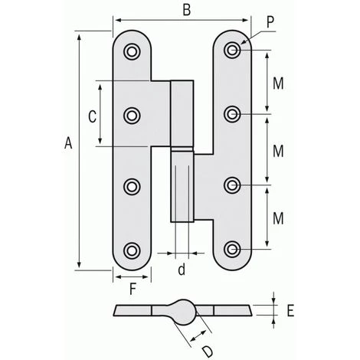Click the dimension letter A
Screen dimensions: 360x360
[68, 143]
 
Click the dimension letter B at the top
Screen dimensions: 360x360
[187, 11]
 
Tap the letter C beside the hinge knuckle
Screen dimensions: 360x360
[92, 117]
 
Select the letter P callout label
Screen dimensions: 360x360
[270, 22]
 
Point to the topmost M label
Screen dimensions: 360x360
[278, 83]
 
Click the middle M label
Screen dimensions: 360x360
[278, 151]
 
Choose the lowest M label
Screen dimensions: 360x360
[278, 218]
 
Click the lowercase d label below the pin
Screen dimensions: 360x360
[182, 270]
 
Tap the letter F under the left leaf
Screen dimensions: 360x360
[133, 289]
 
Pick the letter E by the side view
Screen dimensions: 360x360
[290, 311]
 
